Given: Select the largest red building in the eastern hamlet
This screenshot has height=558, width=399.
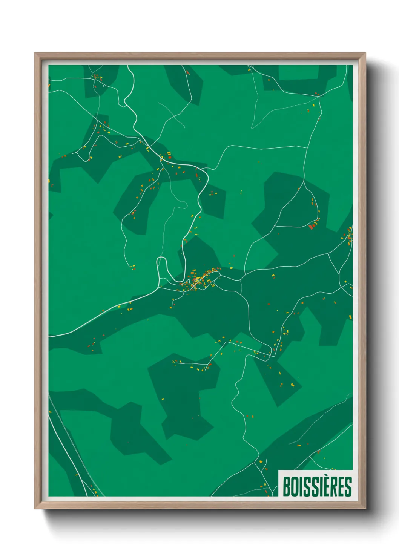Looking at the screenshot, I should click(311, 227).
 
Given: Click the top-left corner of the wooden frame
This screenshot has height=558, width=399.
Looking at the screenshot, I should click(35, 54).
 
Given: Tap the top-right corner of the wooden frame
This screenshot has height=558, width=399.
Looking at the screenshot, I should click(365, 54).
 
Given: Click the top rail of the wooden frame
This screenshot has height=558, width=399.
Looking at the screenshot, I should click(200, 55).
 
